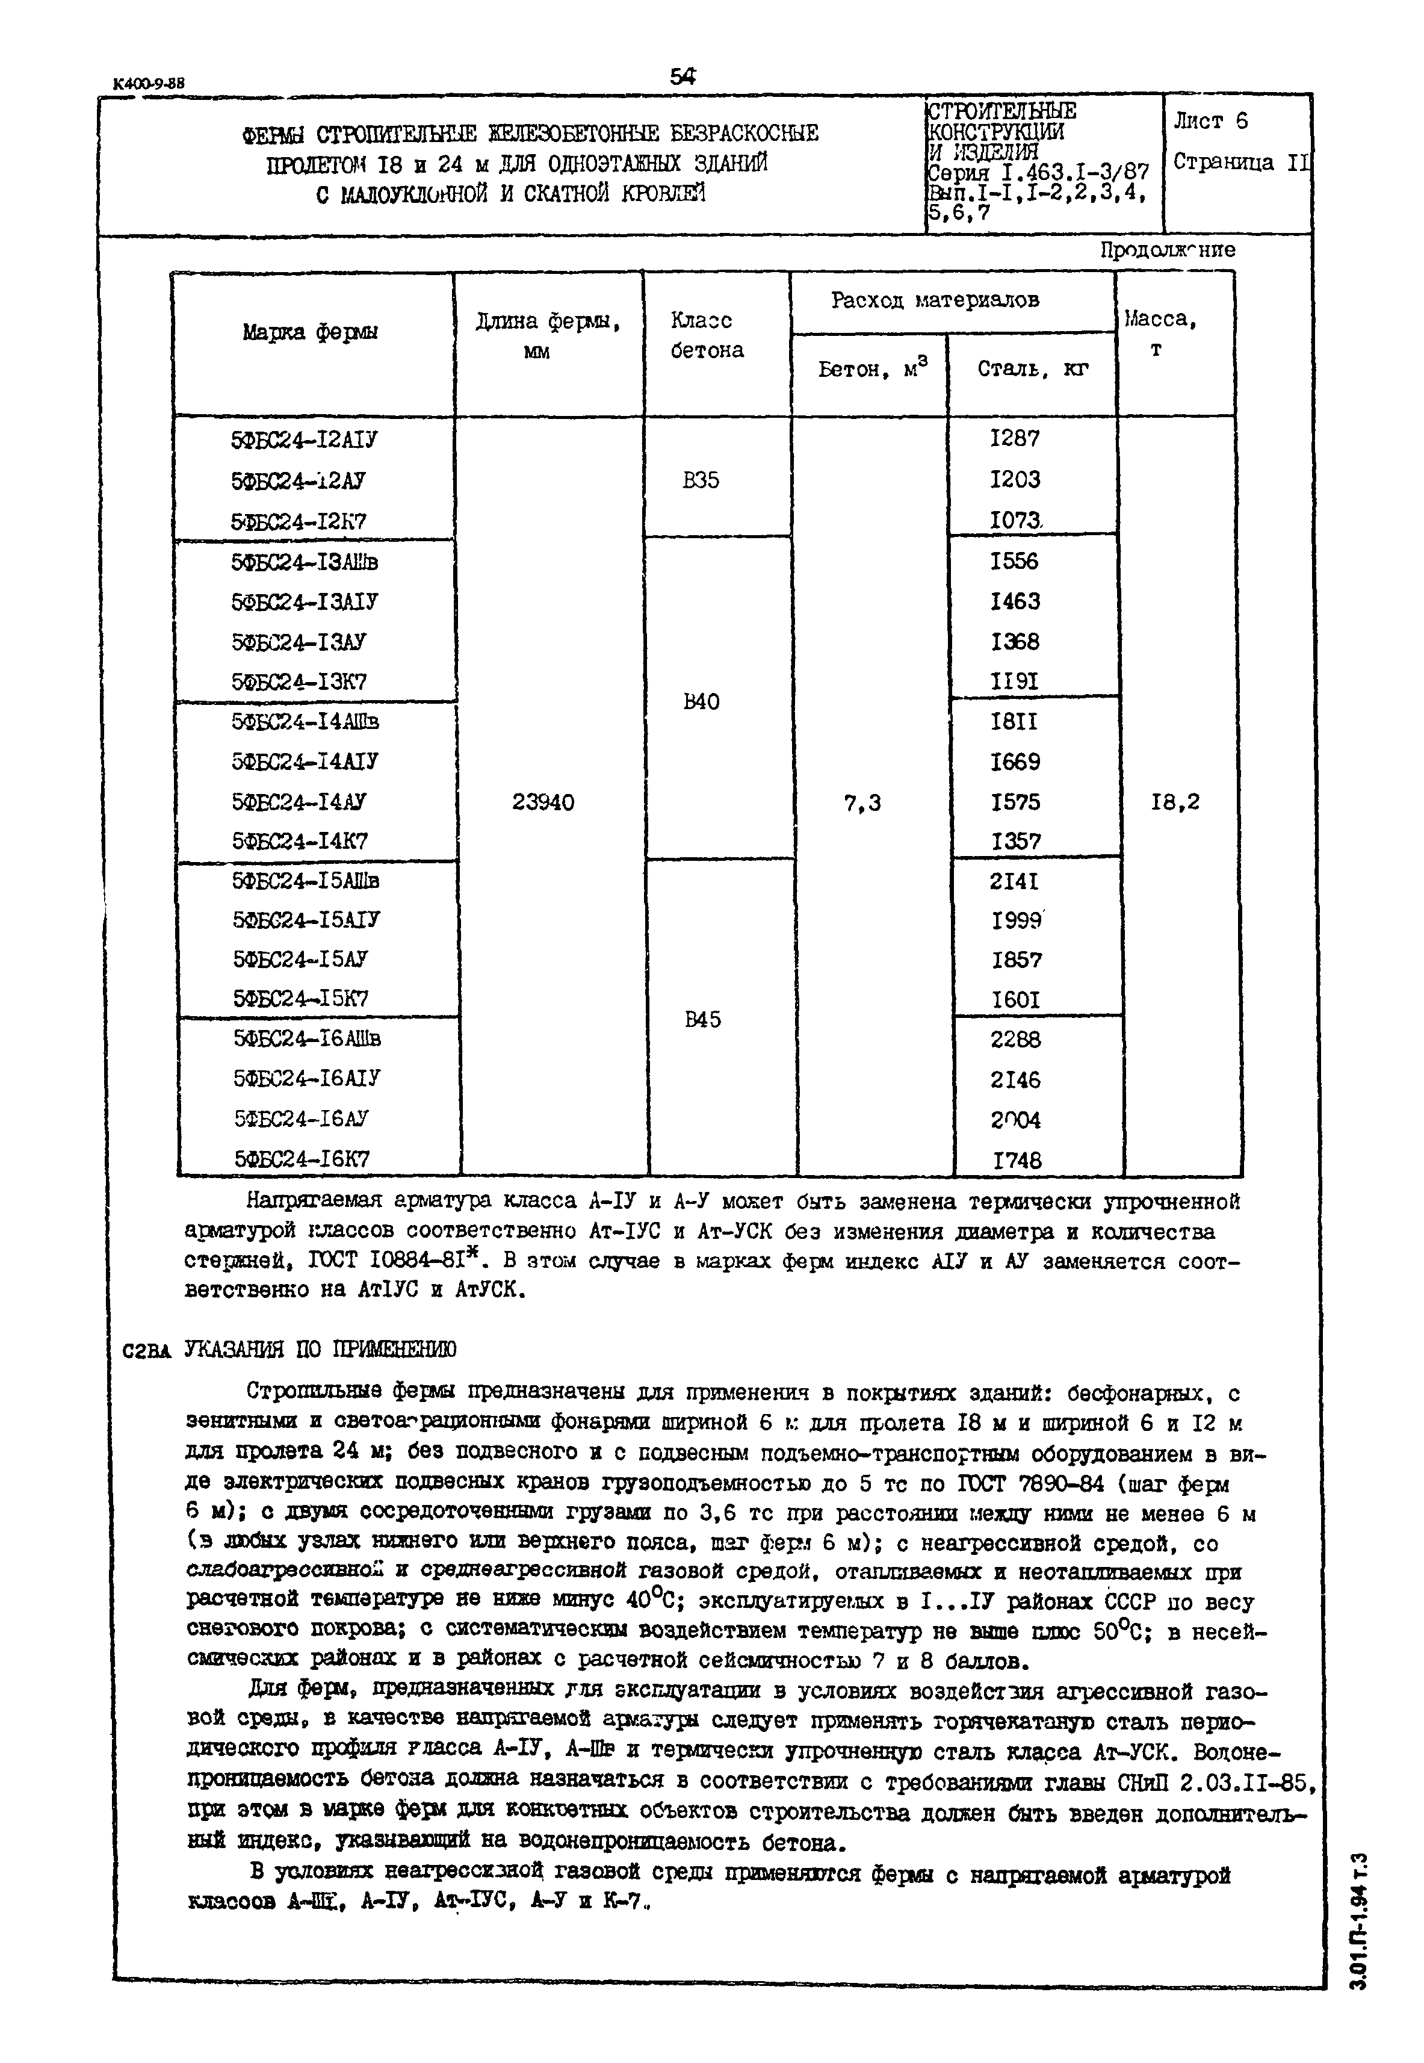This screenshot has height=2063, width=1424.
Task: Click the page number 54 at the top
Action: click(x=683, y=78)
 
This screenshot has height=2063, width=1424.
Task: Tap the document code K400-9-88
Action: click(x=149, y=84)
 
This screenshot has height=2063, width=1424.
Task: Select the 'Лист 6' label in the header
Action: click(x=1211, y=122)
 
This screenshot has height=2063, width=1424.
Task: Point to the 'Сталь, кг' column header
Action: click(x=1032, y=370)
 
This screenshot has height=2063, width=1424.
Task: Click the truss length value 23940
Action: click(x=543, y=803)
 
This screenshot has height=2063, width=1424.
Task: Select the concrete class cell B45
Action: click(x=703, y=1019)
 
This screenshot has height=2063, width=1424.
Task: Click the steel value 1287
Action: click(x=1015, y=438)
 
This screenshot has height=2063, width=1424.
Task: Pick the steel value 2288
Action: click(x=1015, y=1040)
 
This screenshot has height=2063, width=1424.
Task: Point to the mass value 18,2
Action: click(x=1175, y=802)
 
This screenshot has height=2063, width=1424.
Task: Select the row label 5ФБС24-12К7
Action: click(x=298, y=522)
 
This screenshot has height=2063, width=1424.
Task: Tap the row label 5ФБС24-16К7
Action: click(x=302, y=1159)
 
